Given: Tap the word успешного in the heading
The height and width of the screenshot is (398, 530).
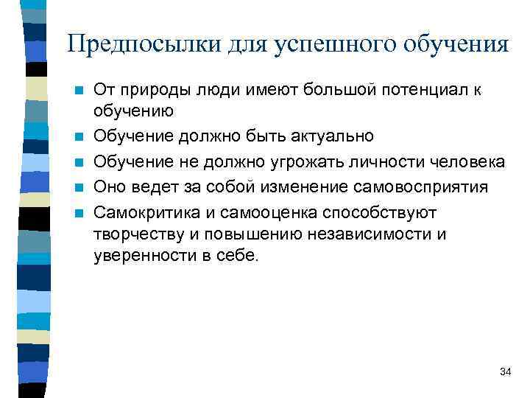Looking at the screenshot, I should [333, 43].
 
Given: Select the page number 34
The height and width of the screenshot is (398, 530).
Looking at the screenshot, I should [505, 371].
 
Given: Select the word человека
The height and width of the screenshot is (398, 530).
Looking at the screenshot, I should [464, 162].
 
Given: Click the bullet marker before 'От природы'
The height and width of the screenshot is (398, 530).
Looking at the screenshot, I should [79, 91].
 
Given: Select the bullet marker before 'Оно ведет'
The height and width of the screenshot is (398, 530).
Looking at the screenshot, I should [79, 188].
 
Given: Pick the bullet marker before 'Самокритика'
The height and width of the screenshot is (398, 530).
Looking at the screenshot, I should [79, 213].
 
